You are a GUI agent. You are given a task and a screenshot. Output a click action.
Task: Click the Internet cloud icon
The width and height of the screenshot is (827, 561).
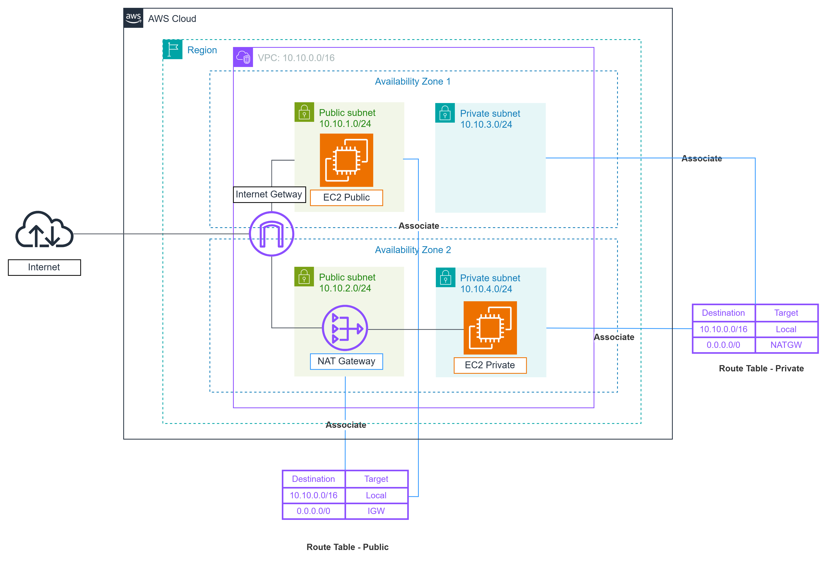(44, 229)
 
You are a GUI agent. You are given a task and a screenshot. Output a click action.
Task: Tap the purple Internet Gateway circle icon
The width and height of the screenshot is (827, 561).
(271, 234)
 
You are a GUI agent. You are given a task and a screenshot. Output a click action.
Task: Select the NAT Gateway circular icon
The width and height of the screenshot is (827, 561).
(345, 328)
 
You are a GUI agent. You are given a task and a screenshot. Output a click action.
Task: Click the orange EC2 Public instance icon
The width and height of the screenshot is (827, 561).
(346, 160)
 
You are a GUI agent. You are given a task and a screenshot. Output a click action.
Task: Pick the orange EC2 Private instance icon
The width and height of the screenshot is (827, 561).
(490, 328)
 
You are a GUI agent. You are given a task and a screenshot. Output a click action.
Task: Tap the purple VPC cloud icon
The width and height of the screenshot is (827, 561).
(243, 57)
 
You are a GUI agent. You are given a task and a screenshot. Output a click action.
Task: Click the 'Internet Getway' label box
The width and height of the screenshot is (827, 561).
(269, 194)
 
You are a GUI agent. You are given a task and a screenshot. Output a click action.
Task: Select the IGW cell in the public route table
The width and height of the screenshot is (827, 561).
(376, 511)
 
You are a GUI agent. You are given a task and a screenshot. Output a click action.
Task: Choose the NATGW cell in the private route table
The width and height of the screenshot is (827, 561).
(786, 345)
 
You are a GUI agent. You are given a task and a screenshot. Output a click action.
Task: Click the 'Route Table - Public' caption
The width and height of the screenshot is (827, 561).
(347, 547)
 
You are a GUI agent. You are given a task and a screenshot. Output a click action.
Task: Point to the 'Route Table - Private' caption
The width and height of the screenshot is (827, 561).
(761, 368)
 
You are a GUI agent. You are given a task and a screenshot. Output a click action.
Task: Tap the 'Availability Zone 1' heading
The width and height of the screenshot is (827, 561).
(413, 81)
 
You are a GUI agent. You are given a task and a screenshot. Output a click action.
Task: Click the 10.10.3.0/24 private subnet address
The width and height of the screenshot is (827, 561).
(486, 125)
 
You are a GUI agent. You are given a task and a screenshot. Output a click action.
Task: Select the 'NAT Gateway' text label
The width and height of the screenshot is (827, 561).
(346, 361)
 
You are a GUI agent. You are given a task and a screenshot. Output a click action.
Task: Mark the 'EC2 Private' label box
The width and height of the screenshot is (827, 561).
(490, 365)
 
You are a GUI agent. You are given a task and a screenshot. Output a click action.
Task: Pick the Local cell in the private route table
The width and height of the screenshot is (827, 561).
(786, 329)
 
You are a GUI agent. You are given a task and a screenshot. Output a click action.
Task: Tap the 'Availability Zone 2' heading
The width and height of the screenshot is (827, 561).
(413, 250)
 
